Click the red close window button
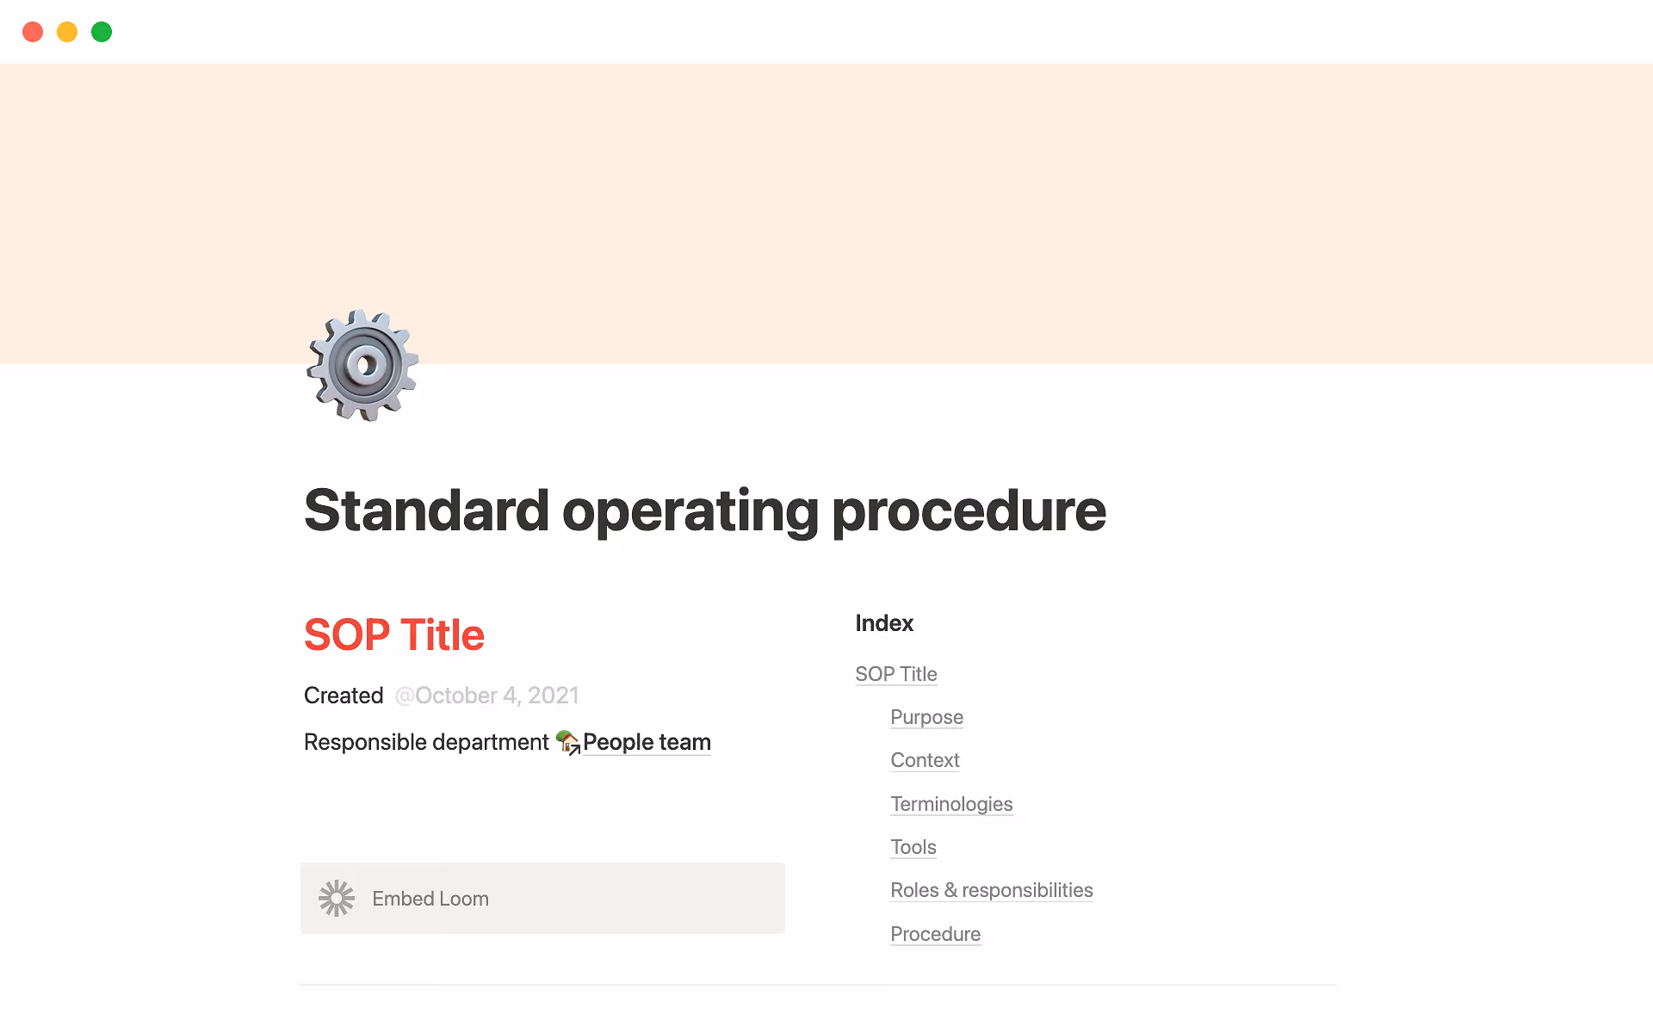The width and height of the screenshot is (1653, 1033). click(33, 32)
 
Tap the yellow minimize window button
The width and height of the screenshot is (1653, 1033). click(67, 32)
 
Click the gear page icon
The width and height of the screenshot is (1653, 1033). click(362, 365)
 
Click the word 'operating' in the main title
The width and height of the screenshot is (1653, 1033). click(690, 511)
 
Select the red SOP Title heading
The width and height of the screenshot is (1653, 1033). click(394, 635)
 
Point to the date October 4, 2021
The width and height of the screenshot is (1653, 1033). click(486, 696)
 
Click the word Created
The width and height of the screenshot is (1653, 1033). click(344, 696)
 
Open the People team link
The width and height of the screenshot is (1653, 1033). click(647, 742)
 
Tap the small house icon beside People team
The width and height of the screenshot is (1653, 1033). click(567, 741)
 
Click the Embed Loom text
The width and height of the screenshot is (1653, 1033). click(430, 899)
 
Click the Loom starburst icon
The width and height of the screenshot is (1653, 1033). click(337, 899)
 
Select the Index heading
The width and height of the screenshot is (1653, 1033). click(884, 623)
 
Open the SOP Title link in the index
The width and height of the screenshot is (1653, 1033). click(896, 674)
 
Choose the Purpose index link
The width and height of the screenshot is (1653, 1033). click(926, 717)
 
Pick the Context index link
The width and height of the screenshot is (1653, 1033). click(925, 760)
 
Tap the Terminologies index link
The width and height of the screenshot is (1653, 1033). click(951, 804)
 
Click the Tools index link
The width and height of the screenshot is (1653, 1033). click(913, 847)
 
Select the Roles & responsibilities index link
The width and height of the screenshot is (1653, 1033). click(992, 890)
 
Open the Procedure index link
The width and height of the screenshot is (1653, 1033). click(935, 934)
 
